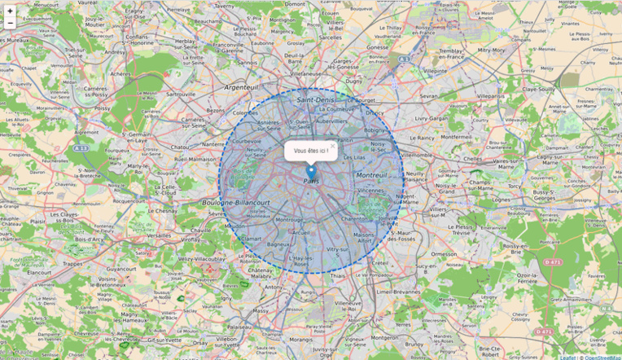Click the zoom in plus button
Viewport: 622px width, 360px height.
coord(10,11)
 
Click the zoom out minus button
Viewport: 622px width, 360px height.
coord(10,24)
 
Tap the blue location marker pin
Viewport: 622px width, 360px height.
coord(311,172)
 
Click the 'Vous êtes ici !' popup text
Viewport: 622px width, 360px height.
coord(310,151)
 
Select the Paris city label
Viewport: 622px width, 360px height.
coord(311,182)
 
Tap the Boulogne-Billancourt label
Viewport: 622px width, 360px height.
coord(236,202)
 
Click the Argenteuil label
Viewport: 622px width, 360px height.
coord(241,86)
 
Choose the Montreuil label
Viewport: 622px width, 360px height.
coord(371,175)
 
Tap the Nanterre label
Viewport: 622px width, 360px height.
coord(212,143)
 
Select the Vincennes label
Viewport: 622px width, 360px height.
coord(372,191)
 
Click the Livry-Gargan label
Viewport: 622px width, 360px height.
coord(431,118)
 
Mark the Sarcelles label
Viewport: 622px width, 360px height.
coord(331,37)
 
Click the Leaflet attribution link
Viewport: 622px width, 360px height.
coord(567,357)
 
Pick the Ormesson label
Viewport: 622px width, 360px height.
coord(445,253)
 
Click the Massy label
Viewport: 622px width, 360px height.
coord(261,310)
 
